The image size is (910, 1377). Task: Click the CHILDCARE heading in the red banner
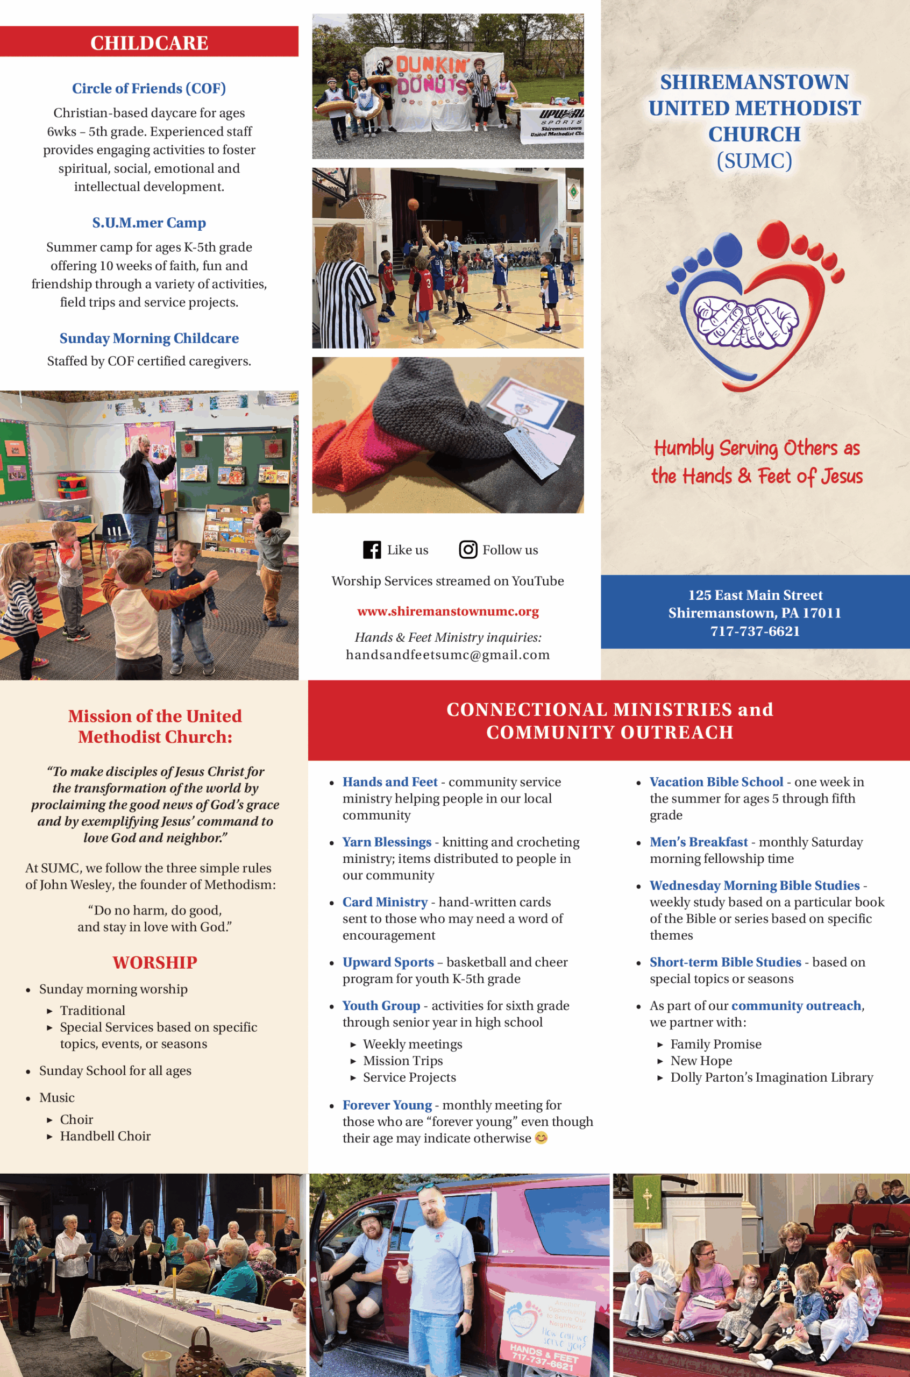tap(149, 43)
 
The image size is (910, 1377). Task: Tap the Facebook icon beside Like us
tap(372, 550)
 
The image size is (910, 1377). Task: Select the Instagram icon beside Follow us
tap(468, 550)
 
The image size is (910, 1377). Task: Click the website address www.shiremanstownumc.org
tap(447, 611)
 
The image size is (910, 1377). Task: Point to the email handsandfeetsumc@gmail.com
tap(447, 655)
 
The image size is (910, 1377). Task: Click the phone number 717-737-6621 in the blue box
tap(755, 631)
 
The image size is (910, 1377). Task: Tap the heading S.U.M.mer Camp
tap(149, 223)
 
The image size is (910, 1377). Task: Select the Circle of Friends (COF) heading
tap(149, 88)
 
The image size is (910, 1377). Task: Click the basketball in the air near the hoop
tap(413, 204)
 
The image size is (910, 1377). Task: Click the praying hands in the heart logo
tap(747, 322)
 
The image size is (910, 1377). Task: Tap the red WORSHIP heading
tap(155, 963)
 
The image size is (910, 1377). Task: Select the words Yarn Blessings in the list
tap(387, 842)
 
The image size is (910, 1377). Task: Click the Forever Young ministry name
tap(387, 1105)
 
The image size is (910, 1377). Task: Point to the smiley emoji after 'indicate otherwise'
tap(541, 1138)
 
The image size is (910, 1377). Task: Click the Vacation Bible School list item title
tap(716, 782)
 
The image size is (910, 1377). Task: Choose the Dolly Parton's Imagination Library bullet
tap(771, 1077)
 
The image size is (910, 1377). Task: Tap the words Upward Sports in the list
tap(388, 962)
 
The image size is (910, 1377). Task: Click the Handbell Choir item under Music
tap(105, 1136)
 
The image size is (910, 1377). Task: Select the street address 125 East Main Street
tap(755, 595)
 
